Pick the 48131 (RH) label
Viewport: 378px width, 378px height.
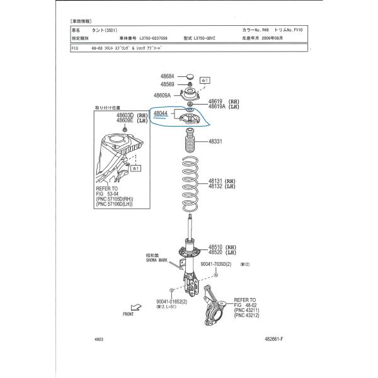pyautogui.click(x=221, y=181)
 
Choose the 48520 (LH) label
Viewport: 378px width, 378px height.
pyautogui.click(x=221, y=252)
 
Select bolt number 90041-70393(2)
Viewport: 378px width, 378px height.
pyautogui.click(x=220, y=265)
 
